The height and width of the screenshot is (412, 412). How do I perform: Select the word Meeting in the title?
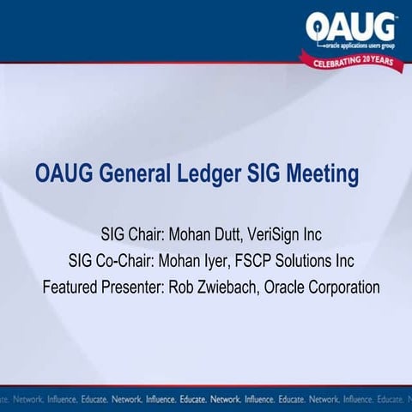click(x=322, y=174)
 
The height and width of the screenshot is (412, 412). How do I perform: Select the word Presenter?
click(x=133, y=287)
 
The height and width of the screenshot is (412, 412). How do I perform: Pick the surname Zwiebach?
click(x=225, y=287)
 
